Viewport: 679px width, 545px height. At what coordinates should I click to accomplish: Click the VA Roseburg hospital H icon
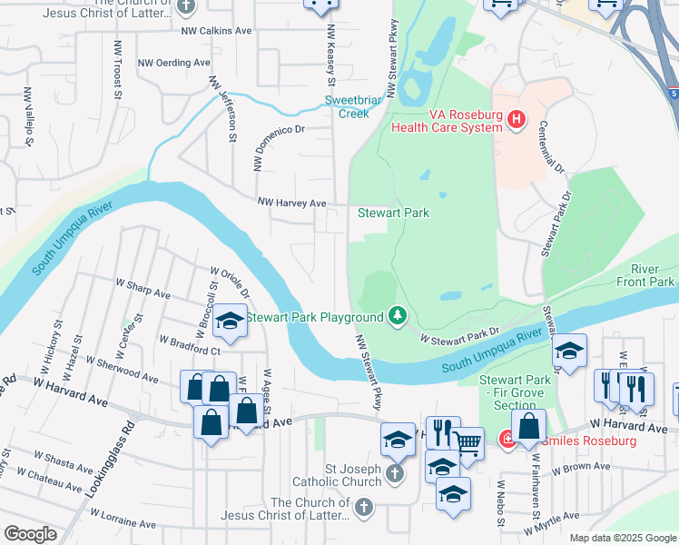coord(517,119)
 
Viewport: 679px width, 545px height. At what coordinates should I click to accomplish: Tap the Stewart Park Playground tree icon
coord(397,316)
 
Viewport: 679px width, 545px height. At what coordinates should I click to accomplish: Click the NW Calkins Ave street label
coord(216,30)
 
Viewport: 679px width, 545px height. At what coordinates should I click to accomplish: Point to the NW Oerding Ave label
coord(173,63)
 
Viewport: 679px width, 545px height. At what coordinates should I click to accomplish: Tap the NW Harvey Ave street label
coord(291,203)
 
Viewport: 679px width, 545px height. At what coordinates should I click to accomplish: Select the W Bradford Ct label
coord(190,344)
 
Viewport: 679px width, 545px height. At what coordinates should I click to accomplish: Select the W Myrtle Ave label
coord(551,522)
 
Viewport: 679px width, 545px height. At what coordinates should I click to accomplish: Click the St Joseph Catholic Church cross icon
coord(394,473)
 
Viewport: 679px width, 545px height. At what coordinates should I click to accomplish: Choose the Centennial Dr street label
coord(552,148)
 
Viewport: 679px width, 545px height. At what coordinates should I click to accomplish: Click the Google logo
coord(29,534)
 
